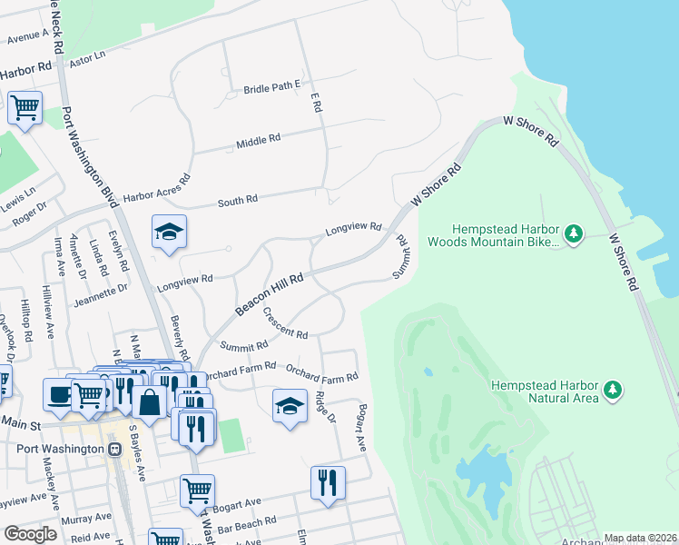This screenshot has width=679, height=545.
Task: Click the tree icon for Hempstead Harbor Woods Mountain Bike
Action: click(x=573, y=234)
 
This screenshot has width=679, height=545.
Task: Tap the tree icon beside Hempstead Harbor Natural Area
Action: click(x=614, y=391)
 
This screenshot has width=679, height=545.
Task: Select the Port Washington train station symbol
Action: click(x=114, y=449)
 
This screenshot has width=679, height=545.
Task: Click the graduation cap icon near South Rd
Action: click(x=169, y=233)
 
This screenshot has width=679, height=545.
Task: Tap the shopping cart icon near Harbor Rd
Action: click(x=25, y=107)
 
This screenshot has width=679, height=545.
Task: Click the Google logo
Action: click(x=30, y=534)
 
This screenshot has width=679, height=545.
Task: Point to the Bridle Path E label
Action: click(x=271, y=88)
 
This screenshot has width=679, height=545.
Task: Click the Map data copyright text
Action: click(x=640, y=538)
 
